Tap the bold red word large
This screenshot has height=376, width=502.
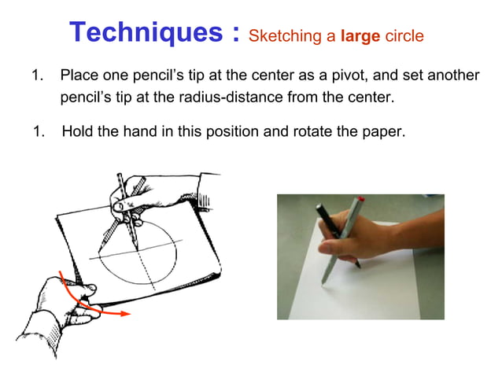click(x=360, y=35)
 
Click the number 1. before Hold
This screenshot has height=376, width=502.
click(x=38, y=131)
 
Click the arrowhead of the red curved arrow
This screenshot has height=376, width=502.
click(x=124, y=315)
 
